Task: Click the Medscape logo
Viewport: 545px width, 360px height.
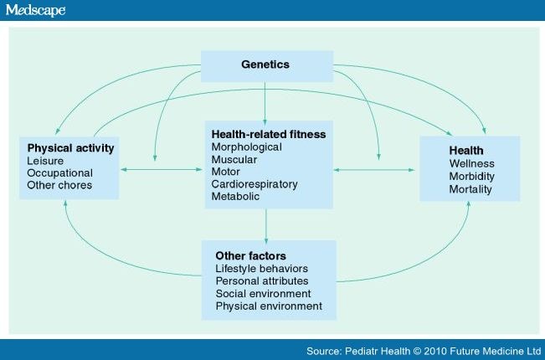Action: [x=35, y=10]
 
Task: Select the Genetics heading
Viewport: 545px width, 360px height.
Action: [x=265, y=64]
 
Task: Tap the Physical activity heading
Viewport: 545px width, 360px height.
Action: [x=70, y=148]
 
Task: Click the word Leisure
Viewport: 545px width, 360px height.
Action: [x=45, y=161]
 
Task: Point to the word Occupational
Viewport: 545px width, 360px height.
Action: [x=59, y=173]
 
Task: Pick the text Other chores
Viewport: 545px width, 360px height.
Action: [x=59, y=185]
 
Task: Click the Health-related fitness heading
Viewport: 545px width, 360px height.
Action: [x=269, y=134]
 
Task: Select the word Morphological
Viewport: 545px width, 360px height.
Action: [x=246, y=147]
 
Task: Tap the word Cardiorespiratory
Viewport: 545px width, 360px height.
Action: [x=255, y=184]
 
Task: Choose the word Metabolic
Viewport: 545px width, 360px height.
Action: [x=235, y=197]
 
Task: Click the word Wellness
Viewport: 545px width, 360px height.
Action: [x=471, y=163]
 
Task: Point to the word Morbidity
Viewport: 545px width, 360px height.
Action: [x=471, y=177]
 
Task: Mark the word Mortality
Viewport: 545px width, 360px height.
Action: [x=470, y=189]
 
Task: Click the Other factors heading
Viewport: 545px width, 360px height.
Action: [x=250, y=255]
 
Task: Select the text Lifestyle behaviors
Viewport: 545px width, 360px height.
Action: [x=262, y=269]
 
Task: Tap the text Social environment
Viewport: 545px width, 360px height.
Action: [x=263, y=294]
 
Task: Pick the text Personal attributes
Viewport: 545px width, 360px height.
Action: [x=262, y=280]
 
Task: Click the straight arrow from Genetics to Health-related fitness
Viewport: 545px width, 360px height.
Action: [x=265, y=104]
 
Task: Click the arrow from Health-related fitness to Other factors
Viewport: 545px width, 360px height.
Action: [x=266, y=226]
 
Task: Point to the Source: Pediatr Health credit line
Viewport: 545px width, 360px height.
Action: [x=424, y=351]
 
